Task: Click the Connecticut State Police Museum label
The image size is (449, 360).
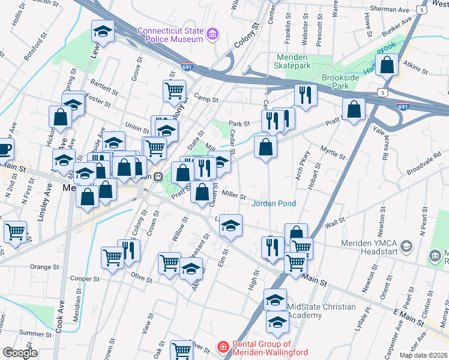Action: [170, 35]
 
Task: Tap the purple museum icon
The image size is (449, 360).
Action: [212, 35]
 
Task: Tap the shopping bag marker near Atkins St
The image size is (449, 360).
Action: [388, 65]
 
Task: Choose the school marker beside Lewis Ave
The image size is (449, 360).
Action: [103, 31]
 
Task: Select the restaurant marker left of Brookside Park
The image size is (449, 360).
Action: [306, 95]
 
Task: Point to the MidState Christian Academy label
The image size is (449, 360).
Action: [322, 311]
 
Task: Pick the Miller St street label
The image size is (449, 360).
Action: [234, 196]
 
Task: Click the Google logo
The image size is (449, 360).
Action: [20, 353]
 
